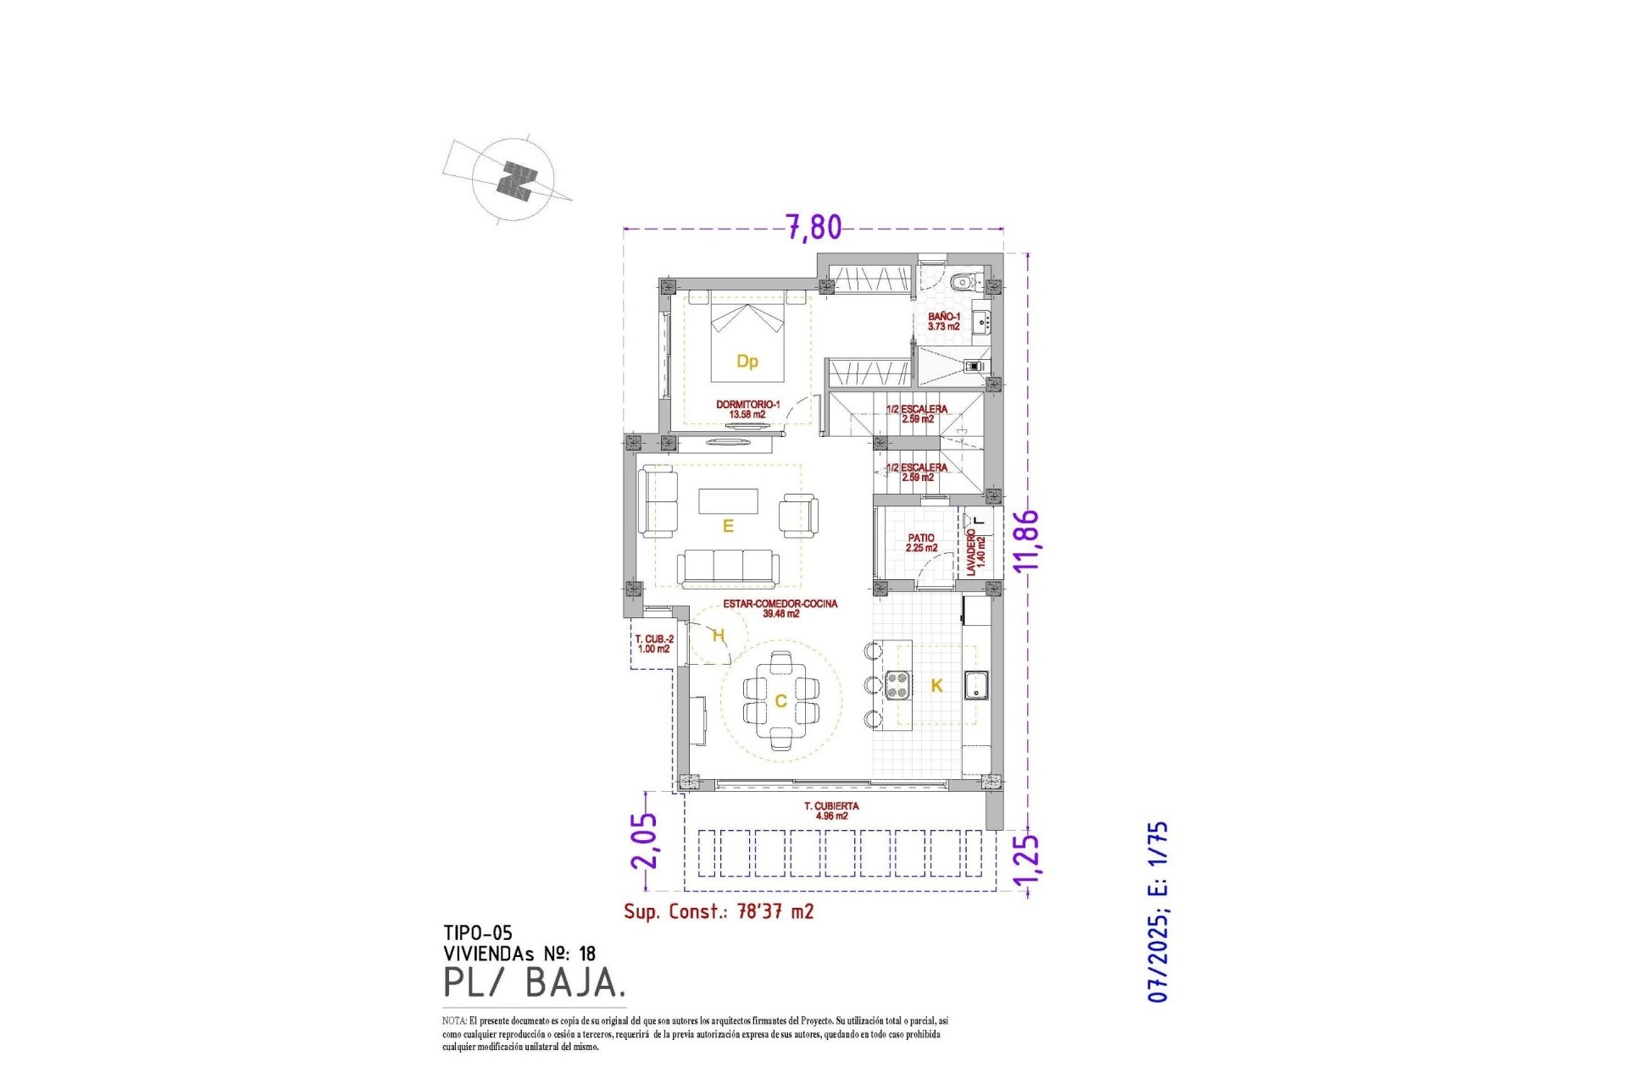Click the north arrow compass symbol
514,180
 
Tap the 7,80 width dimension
814,227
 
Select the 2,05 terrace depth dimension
644,841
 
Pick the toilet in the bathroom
961,282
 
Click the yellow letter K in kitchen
936,686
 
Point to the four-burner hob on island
897,684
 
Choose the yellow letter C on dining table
780,701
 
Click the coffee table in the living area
728,501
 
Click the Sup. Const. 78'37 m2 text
719,911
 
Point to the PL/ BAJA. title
535,982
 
